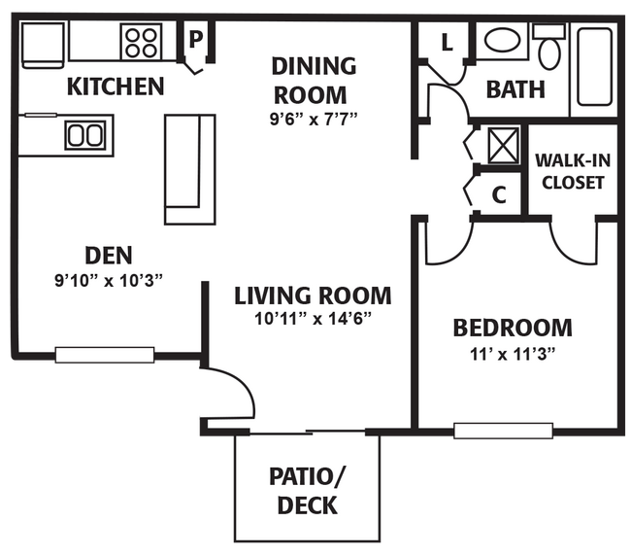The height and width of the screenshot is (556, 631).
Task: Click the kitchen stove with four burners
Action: pyautogui.click(x=142, y=42)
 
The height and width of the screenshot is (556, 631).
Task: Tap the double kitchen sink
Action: pyautogui.click(x=85, y=136)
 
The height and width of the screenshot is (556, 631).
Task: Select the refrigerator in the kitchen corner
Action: pyautogui.click(x=43, y=45)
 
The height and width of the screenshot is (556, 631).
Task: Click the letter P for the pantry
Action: pyautogui.click(x=195, y=40)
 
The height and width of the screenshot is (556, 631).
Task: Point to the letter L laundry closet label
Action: pyautogui.click(x=448, y=42)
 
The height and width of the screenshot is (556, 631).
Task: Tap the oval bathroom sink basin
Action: pyautogui.click(x=502, y=40)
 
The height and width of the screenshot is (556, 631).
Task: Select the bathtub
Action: pyautogui.click(x=594, y=67)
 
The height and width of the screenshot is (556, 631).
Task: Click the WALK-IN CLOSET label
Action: pyautogui.click(x=573, y=172)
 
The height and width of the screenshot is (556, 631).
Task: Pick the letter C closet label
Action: pyautogui.click(x=499, y=195)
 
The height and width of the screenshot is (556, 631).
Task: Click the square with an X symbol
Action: pyautogui.click(x=503, y=146)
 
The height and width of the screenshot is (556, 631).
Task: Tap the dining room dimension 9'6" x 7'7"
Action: pyautogui.click(x=314, y=119)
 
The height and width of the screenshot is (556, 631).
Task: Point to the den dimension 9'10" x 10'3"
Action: pyautogui.click(x=109, y=280)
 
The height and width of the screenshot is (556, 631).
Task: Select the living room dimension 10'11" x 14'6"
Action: pyautogui.click(x=313, y=319)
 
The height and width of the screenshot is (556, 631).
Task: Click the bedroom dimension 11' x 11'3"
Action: pyautogui.click(x=513, y=355)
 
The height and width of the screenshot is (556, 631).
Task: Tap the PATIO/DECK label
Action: pyautogui.click(x=307, y=491)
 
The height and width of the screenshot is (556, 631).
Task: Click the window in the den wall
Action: pyautogui.click(x=105, y=355)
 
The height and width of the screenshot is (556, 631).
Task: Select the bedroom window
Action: pyautogui.click(x=504, y=431)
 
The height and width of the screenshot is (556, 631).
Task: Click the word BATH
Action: pyautogui.click(x=515, y=89)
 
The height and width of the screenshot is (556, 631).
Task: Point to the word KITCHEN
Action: pyautogui.click(x=116, y=87)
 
